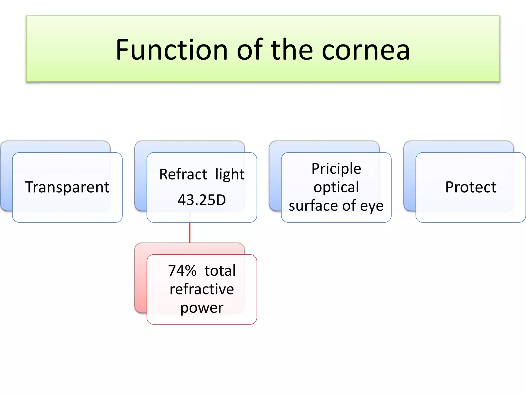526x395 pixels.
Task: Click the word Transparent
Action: click(67, 187)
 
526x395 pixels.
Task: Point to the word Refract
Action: click(183, 174)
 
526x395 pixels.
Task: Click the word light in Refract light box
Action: click(230, 174)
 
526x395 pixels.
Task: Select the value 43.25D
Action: click(202, 200)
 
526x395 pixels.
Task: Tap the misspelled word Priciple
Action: click(336, 169)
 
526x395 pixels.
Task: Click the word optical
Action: click(336, 187)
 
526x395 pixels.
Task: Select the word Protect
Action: click(471, 187)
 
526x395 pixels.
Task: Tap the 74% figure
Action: click(182, 271)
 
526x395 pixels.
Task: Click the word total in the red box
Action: click(220, 271)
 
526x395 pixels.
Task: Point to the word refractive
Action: click(202, 289)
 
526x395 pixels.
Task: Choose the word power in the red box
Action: click(202, 308)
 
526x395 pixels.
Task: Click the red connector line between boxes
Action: click(190, 233)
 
